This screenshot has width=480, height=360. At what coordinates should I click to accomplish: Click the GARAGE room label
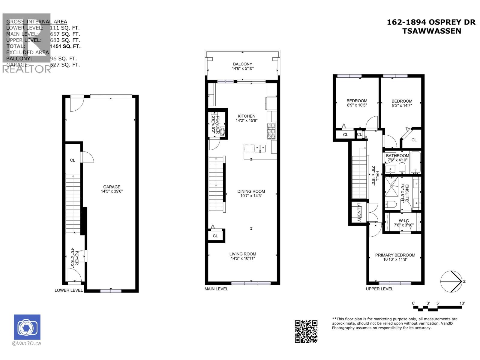click(112, 187)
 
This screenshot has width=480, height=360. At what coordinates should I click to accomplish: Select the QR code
click(306, 331)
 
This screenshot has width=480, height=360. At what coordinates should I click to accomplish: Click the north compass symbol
click(451, 281)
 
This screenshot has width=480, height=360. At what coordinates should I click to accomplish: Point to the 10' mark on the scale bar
click(462, 303)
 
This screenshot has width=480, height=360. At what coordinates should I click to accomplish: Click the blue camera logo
click(27, 327)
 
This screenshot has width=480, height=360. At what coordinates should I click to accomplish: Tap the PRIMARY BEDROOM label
click(395, 255)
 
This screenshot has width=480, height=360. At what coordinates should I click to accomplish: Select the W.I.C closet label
click(403, 221)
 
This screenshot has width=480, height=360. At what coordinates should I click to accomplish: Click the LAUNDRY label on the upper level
click(359, 212)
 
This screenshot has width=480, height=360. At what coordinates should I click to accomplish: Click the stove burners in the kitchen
click(271, 131)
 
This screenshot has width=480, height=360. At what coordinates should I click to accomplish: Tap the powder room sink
click(223, 132)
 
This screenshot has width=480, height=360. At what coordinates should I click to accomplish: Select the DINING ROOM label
click(251, 191)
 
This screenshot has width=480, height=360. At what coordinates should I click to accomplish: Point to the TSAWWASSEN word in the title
click(431, 31)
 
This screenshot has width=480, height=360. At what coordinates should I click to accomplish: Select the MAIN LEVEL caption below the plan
click(216, 289)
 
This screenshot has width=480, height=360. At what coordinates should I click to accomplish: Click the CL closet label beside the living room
click(215, 236)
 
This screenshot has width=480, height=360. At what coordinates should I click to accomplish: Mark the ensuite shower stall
click(391, 186)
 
